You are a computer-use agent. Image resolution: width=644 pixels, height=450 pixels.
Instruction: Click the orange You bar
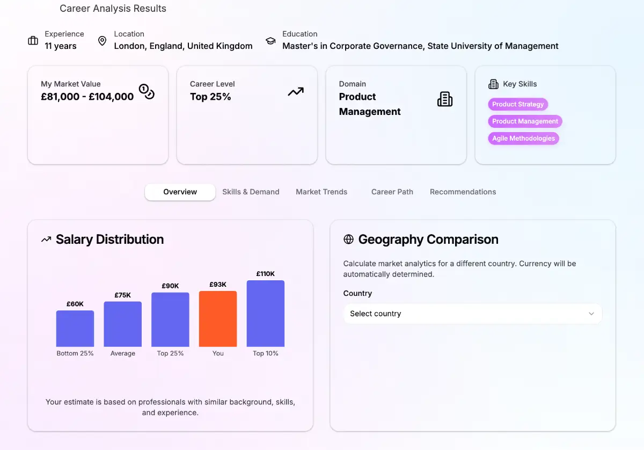218,319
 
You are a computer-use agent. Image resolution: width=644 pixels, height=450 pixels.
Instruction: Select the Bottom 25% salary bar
75,329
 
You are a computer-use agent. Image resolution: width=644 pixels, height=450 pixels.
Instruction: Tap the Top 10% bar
266,314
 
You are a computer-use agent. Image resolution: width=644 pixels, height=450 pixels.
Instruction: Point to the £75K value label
123,295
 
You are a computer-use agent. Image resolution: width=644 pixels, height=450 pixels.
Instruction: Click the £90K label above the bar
170,286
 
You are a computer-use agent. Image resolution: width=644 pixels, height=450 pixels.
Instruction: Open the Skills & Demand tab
251,192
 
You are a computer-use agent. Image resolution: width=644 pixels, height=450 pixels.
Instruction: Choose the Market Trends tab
321,192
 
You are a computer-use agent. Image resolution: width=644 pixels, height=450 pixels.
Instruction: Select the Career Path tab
392,192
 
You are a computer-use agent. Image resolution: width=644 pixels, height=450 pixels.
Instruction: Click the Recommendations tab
463,192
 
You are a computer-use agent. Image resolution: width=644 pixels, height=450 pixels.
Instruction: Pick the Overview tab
180,192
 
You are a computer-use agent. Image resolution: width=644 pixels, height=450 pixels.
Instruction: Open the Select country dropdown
472,314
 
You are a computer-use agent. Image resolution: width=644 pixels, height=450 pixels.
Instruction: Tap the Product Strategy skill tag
518,104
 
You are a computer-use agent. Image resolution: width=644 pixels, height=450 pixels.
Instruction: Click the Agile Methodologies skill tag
523,139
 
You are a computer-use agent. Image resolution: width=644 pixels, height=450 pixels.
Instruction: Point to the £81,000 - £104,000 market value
87,97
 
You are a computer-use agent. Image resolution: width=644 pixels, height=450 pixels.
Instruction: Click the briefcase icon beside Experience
33,41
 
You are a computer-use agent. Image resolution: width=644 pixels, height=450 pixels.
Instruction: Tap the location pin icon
102,41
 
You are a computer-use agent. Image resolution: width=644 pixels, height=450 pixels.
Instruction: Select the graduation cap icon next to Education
270,41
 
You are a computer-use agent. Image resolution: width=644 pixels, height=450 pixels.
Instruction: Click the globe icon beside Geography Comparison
348,239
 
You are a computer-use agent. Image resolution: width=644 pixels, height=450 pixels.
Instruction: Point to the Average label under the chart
123,353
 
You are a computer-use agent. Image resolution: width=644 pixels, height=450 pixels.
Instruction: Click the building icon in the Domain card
445,99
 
